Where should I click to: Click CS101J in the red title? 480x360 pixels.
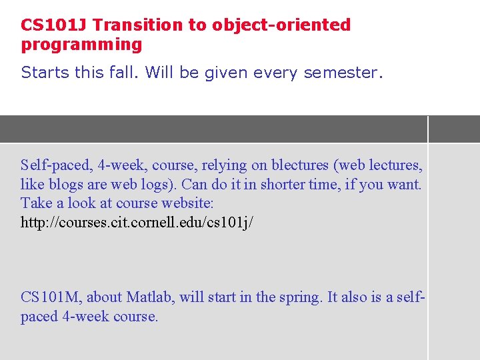pos(54,25)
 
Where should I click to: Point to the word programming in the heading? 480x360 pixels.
pos(82,45)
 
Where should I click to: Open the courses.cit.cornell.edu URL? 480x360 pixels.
pos(137,222)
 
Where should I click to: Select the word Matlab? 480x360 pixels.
pos(149,297)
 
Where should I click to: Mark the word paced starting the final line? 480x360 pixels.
pos(39,316)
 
